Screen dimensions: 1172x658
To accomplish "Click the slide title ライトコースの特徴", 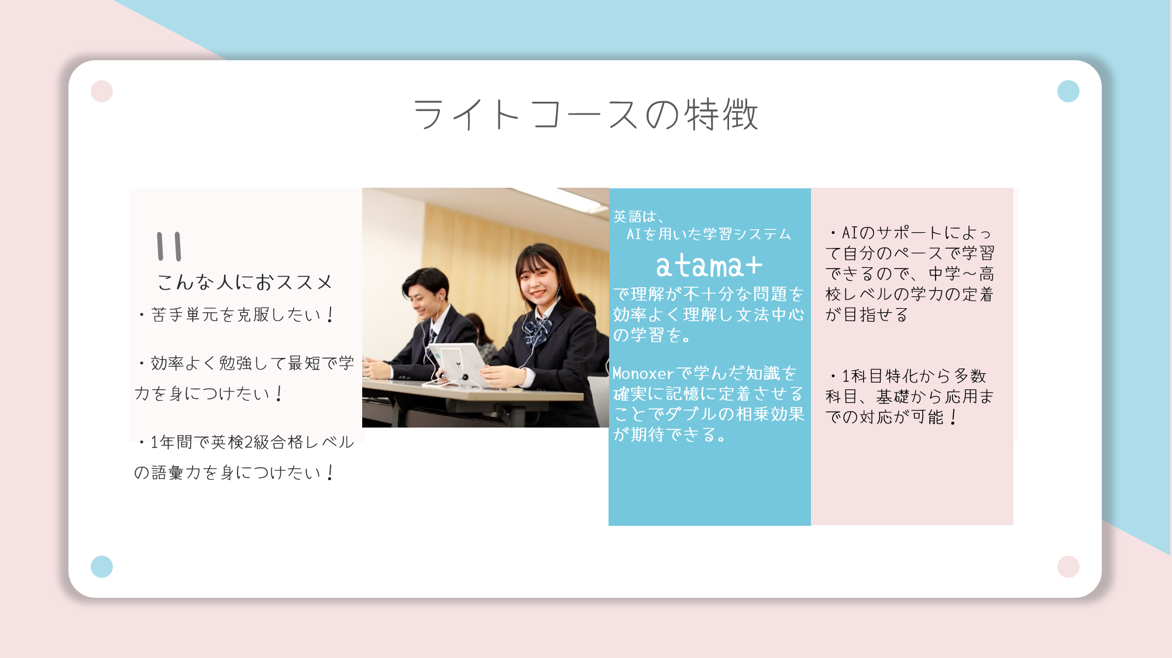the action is click(586, 114).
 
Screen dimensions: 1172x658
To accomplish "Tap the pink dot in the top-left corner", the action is click(102, 91).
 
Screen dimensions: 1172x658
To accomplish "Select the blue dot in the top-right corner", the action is click(1068, 91).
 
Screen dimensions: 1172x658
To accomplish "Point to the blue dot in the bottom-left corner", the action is click(102, 567).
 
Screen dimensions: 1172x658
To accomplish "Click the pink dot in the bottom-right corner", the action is click(1068, 567).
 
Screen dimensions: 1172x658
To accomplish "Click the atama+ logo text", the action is click(709, 266).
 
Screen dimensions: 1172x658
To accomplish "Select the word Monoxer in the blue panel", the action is click(643, 373).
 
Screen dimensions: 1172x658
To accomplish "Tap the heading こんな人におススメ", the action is click(245, 282).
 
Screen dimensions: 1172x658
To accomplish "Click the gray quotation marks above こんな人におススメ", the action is click(170, 246).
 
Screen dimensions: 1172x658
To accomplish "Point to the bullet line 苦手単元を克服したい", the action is click(236, 315).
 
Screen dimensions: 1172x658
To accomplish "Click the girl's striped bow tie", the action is click(537, 331).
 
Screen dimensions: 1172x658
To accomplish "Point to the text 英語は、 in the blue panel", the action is click(639, 216).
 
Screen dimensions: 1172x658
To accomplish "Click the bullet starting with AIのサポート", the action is click(910, 274).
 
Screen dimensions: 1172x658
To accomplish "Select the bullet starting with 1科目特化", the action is click(910, 397).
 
